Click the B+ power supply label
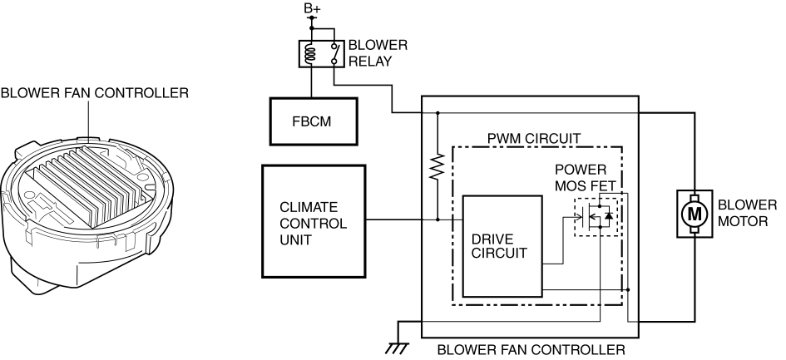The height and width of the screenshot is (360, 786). [312, 9]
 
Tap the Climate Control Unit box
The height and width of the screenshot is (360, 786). [314, 219]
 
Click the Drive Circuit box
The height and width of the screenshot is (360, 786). [502, 246]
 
